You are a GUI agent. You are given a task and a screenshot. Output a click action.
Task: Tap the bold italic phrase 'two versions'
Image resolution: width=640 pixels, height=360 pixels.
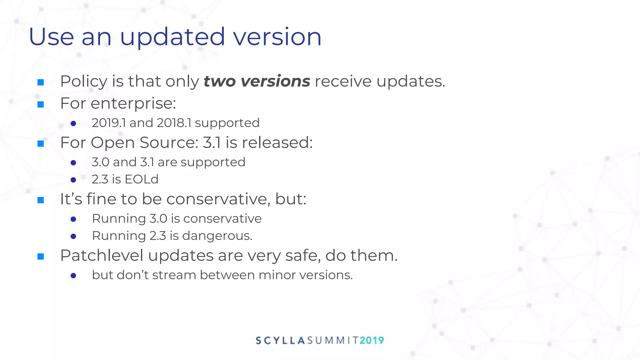(257, 81)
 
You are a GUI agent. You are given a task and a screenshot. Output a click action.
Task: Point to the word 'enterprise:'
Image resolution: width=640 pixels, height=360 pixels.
(133, 103)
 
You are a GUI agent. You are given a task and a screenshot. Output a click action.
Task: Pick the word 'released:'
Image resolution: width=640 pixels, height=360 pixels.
(277, 142)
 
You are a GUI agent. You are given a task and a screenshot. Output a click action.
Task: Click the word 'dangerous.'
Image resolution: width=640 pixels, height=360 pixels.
(217, 236)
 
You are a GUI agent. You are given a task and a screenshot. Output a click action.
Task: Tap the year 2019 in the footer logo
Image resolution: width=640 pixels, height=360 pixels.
(372, 340)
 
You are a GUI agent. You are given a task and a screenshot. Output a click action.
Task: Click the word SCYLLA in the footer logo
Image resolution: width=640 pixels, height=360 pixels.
(280, 340)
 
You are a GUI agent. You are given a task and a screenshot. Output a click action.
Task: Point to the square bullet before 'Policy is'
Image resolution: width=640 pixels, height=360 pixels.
(41, 82)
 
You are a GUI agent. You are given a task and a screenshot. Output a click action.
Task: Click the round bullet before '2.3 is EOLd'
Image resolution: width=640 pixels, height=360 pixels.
(73, 180)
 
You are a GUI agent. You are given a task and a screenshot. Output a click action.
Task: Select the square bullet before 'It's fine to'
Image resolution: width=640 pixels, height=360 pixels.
(41, 200)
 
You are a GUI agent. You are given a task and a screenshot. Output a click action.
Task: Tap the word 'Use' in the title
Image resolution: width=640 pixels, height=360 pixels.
(51, 37)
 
